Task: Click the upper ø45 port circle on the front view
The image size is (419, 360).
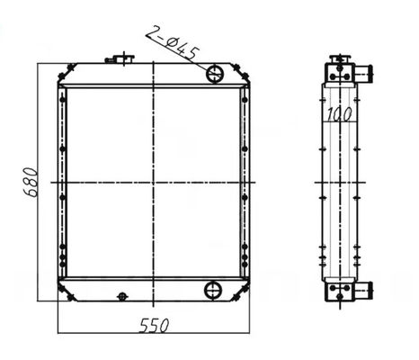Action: point(215,73)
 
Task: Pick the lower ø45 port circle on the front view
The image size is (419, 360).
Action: point(214,289)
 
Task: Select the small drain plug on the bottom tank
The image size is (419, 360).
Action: point(122,295)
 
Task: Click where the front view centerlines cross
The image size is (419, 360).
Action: point(155,183)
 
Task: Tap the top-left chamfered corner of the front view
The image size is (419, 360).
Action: point(62,67)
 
